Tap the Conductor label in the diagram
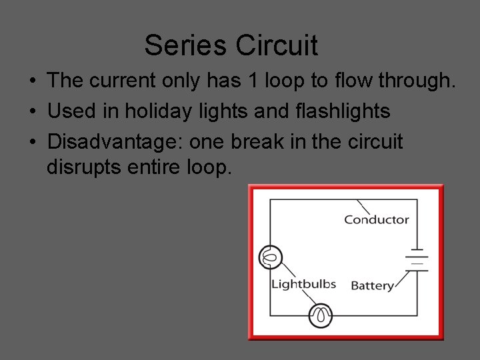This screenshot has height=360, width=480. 376,219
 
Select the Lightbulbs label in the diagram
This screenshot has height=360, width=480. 303,285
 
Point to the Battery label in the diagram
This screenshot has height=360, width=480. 371,286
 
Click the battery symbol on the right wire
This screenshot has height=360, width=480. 417,260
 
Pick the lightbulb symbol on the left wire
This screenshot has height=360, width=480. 270,257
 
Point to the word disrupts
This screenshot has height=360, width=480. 84,167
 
